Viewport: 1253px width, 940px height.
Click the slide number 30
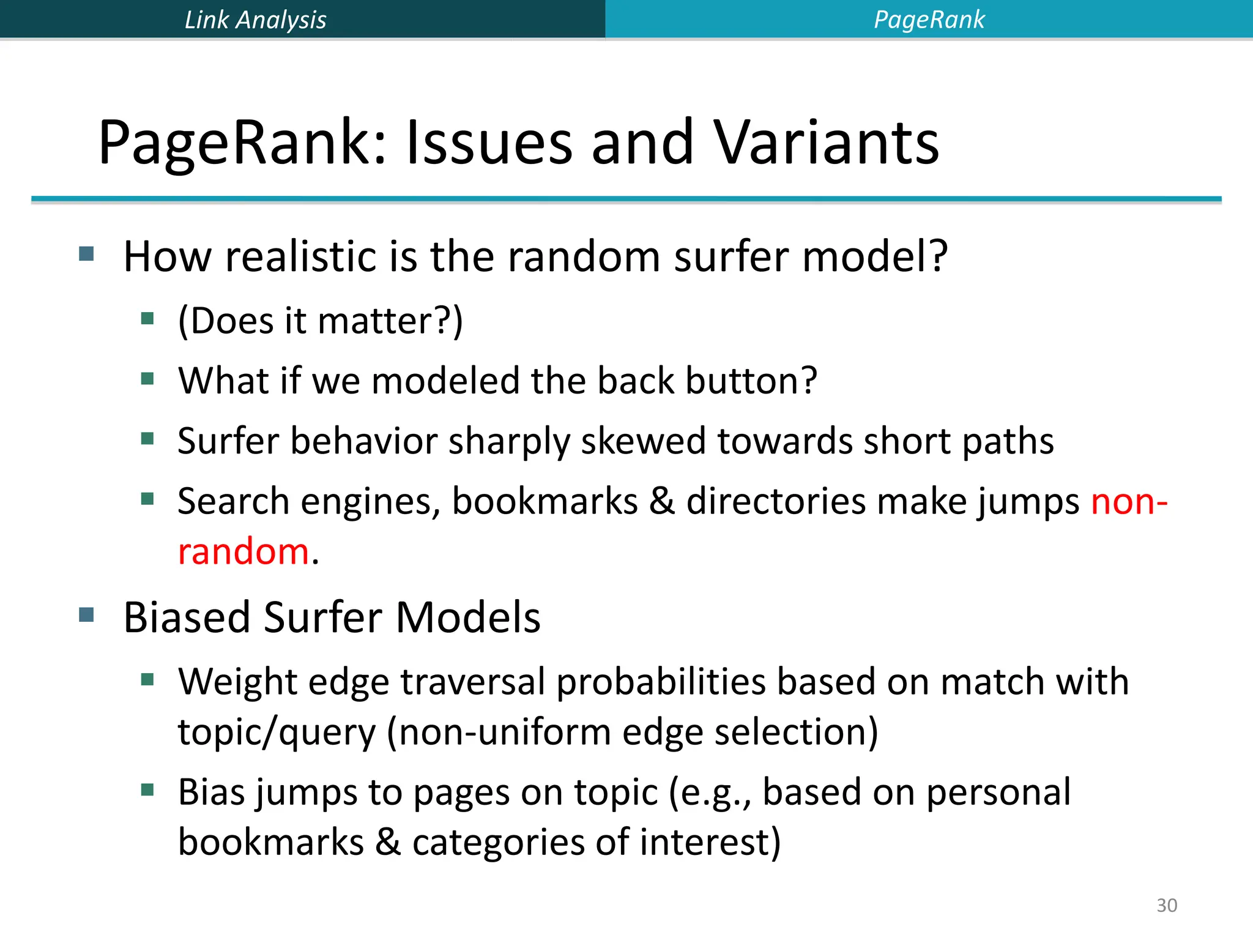point(1166,905)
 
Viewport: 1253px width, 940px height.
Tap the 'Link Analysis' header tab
point(255,20)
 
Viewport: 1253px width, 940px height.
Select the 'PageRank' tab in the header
point(929,20)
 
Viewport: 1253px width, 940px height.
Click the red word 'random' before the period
point(244,551)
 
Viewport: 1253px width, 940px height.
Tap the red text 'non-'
point(1129,502)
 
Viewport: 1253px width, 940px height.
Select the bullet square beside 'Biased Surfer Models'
point(87,614)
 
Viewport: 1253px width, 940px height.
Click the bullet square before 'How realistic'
point(87,253)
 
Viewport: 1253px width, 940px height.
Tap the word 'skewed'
point(642,441)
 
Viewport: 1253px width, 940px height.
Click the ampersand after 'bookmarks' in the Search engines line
point(661,502)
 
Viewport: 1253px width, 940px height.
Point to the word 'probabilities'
point(661,682)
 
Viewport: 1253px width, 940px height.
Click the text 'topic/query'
point(277,733)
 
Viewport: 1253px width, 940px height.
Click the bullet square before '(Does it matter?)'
point(147,318)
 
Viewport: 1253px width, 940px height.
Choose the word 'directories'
point(776,502)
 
